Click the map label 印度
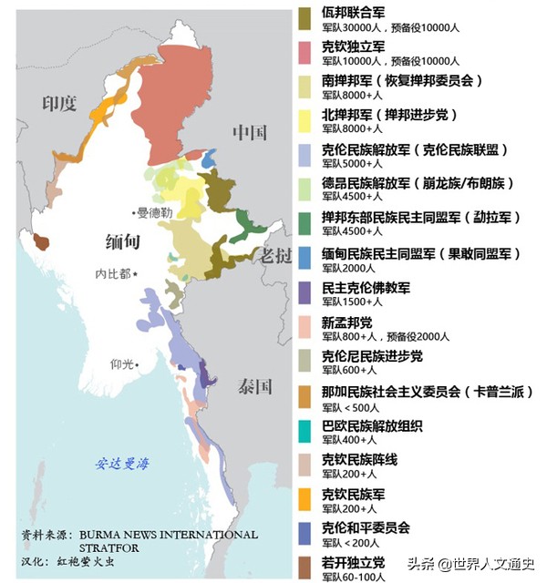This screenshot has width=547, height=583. coord(60,104)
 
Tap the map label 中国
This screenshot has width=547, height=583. coord(249,133)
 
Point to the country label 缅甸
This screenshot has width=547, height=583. coord(120,242)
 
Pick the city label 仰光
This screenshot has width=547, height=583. coord(122,364)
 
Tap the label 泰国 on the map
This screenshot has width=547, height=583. coord(255,386)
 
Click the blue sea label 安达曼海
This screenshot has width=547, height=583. coord(123,464)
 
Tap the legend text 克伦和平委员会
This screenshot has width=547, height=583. coord(366,527)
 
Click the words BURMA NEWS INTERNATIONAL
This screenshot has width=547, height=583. coord(169,536)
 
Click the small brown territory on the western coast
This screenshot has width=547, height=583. coord(40,241)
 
